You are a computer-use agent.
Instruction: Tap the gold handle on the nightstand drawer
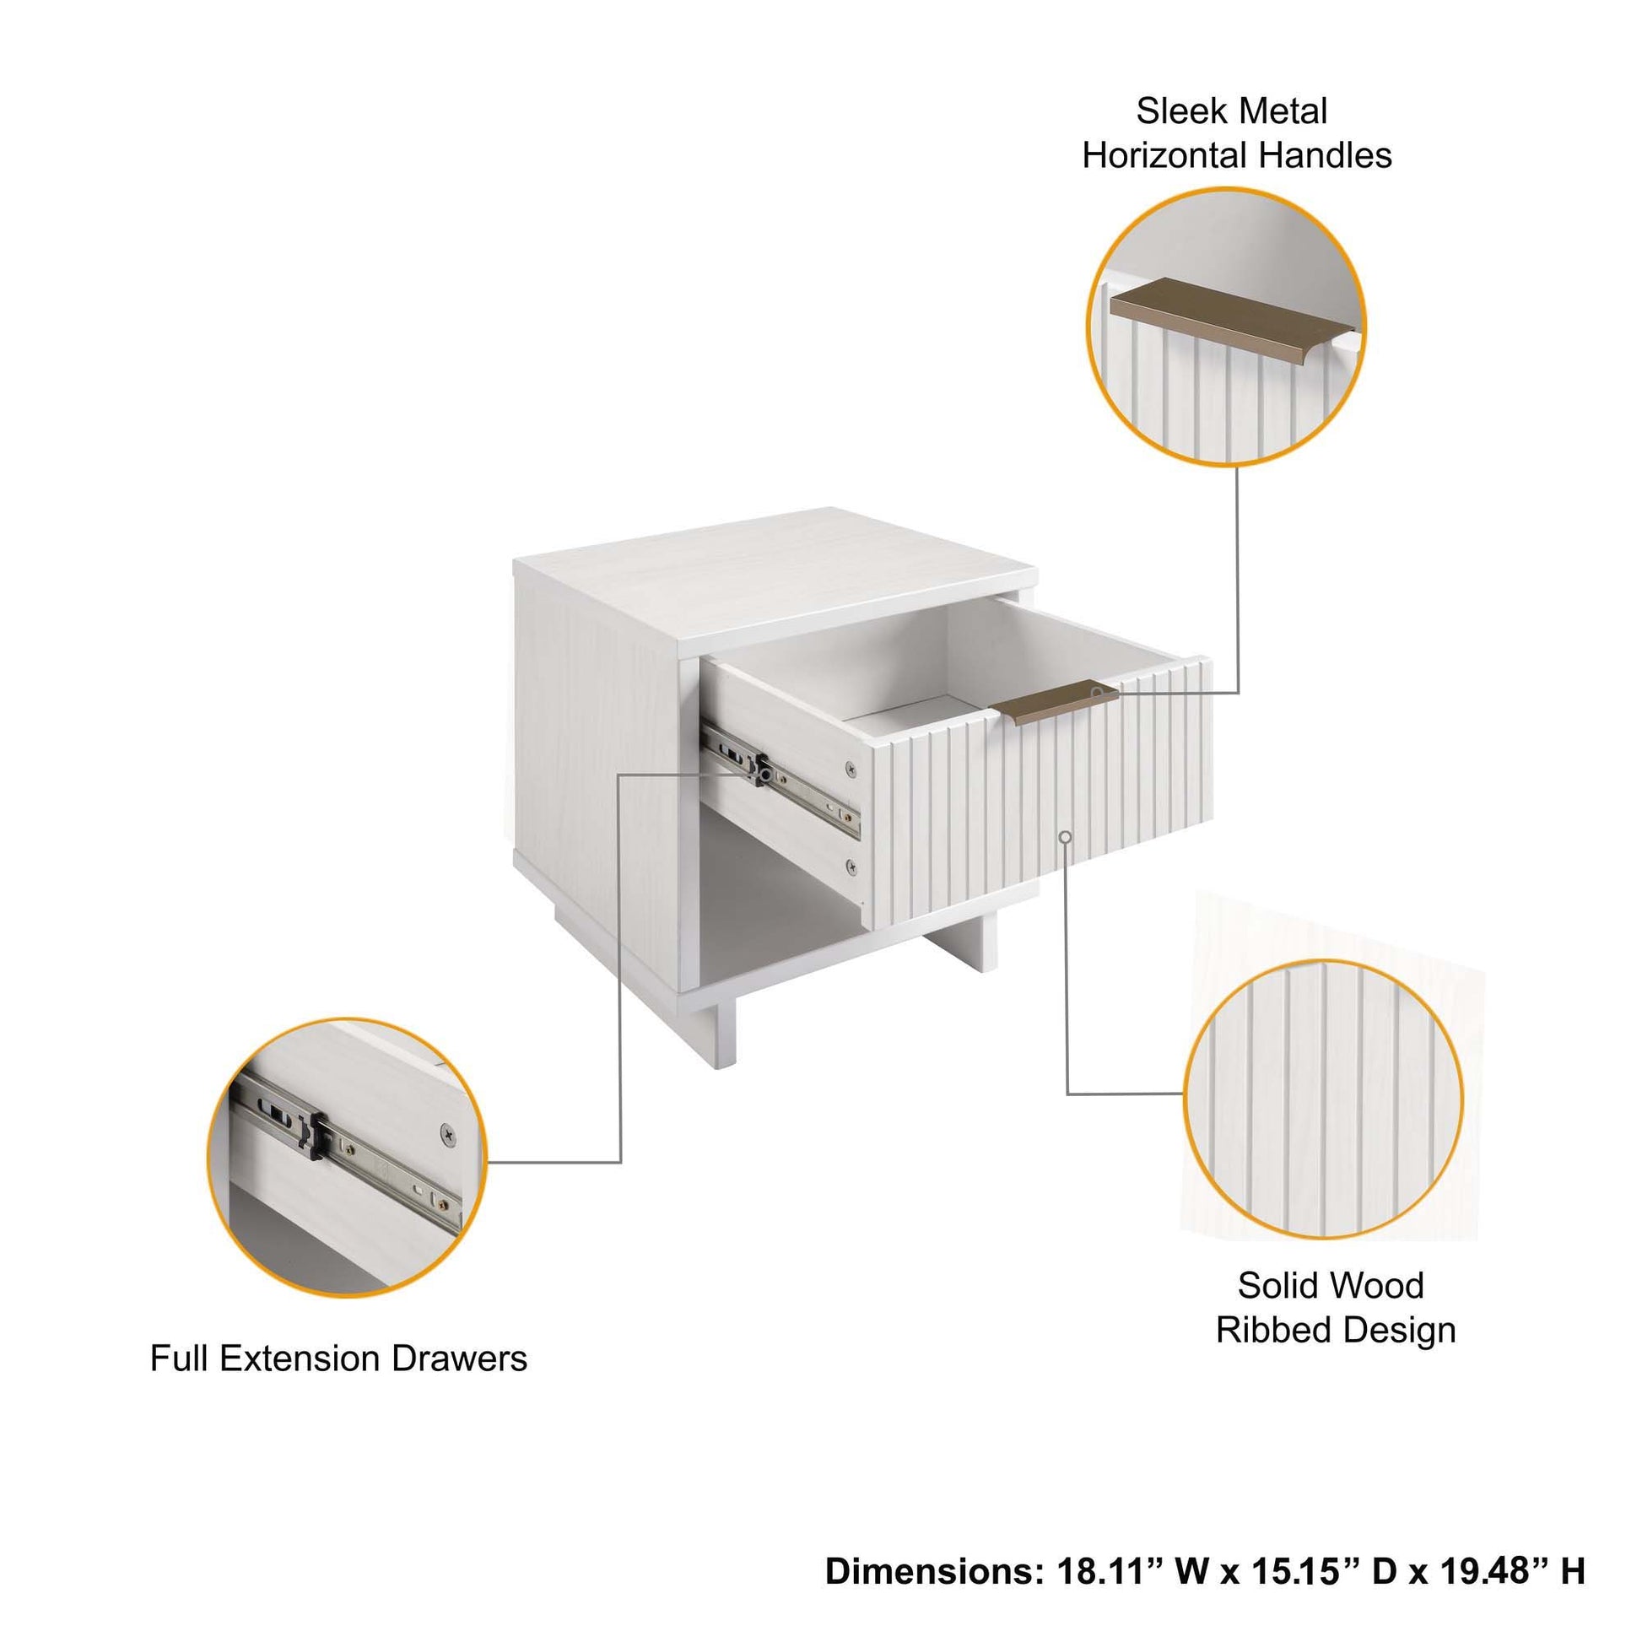tap(1054, 703)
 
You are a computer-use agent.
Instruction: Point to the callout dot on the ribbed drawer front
tap(1066, 838)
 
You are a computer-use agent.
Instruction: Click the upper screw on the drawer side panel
tap(850, 770)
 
